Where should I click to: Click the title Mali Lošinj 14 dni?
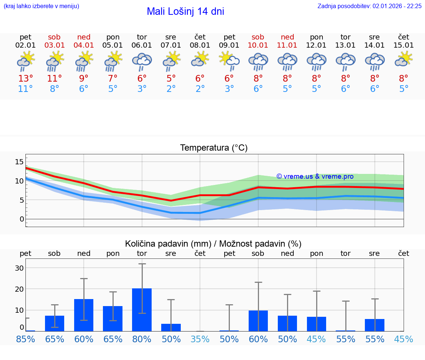185,11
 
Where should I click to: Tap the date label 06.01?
142,45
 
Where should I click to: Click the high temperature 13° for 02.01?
25,78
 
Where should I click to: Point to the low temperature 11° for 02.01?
25,89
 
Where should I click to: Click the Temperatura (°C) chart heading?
214,148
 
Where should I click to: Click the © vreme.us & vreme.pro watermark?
315,176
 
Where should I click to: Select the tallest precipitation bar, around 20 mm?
142,310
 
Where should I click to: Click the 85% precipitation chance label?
25,339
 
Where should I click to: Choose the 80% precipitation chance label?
142,339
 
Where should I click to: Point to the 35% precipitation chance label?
200,339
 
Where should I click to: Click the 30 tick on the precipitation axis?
19,268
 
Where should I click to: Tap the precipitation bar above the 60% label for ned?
84,315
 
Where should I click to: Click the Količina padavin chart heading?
213,244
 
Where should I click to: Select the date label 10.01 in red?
258,45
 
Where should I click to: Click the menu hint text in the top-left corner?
41,6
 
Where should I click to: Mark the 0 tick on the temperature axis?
22,219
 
